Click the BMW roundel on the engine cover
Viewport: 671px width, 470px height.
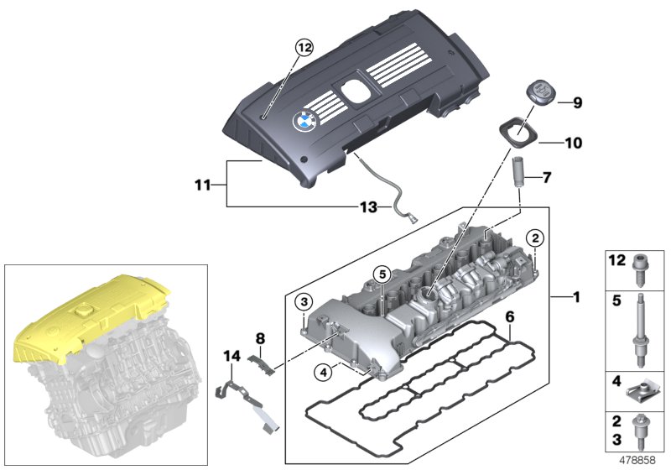[302, 122]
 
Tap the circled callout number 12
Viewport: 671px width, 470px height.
[304, 49]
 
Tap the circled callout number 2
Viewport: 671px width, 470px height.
[534, 239]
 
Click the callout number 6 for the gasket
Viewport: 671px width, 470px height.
[508, 316]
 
